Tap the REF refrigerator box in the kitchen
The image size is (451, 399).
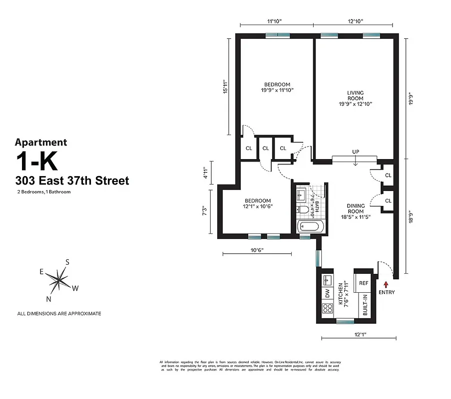pos(364,282)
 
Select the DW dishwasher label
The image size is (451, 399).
pos(328,293)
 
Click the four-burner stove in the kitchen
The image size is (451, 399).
pos(328,308)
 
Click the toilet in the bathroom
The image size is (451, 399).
pos(302,209)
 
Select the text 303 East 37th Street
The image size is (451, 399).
pos(72,181)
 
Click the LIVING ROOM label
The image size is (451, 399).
pos(355,95)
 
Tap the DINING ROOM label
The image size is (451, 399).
pos(356,208)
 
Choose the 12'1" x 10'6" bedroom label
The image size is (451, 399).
pos(257,203)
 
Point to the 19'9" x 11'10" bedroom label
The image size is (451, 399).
pos(277,87)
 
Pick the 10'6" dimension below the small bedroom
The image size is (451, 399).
pos(256,250)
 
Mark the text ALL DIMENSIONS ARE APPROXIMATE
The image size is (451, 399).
pos(59,314)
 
